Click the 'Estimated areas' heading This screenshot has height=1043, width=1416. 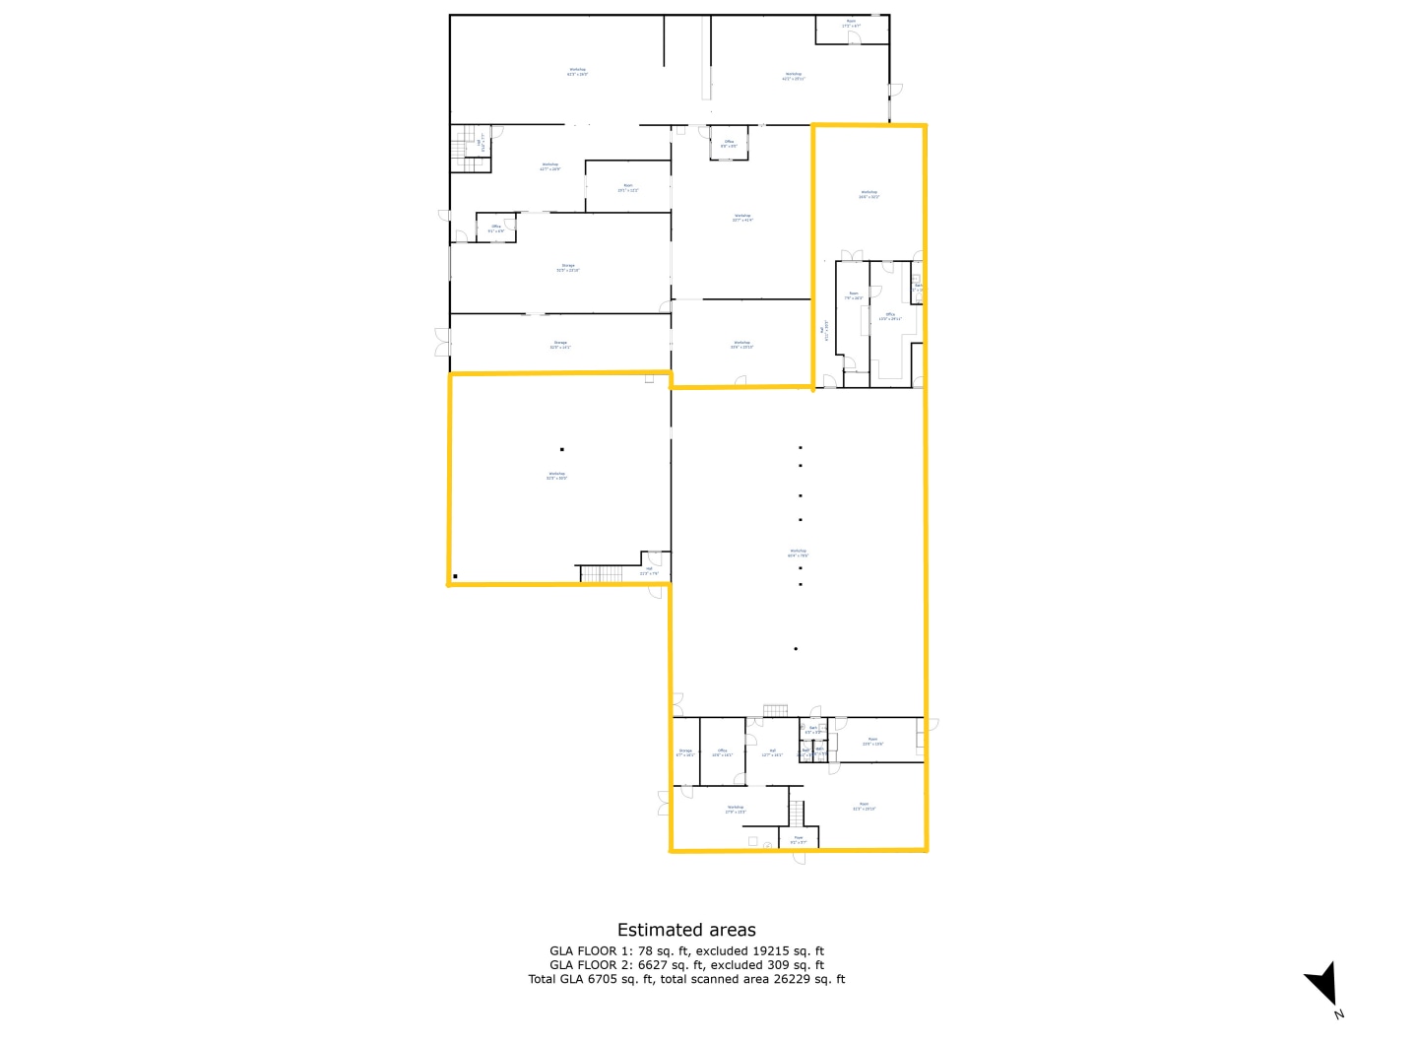(686, 930)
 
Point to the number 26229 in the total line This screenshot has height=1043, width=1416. (809, 979)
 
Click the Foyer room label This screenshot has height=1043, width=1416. (799, 840)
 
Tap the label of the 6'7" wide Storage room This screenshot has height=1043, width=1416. (685, 752)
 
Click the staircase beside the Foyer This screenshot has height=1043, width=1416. (797, 814)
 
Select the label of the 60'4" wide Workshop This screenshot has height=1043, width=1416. (798, 554)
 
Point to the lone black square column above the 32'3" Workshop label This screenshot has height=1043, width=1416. (562, 449)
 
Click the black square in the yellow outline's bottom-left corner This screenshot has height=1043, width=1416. (456, 577)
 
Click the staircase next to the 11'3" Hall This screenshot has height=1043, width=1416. (602, 573)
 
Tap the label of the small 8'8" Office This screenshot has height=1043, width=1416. (729, 144)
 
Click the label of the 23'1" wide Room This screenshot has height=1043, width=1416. (628, 187)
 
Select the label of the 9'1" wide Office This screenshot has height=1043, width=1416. (496, 228)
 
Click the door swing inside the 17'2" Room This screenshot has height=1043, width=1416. (854, 38)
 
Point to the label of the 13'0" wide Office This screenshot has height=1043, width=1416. (890, 316)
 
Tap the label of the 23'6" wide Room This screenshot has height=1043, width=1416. (872, 741)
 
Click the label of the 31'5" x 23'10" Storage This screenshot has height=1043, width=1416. (568, 267)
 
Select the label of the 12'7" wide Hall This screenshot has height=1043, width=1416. (772, 752)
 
